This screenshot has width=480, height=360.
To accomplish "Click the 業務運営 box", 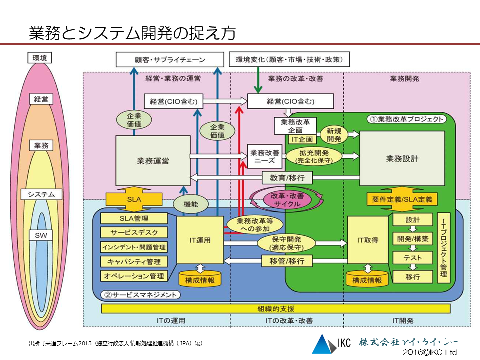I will coord(153,161).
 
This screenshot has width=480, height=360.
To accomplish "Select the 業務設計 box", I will coord(402,159).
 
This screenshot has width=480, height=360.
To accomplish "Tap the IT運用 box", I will coord(200,240).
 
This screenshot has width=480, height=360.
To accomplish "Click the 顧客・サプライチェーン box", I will coord(170,60).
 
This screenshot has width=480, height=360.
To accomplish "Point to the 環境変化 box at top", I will coord(289,60).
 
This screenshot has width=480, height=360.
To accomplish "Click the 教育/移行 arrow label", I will coord(284,177).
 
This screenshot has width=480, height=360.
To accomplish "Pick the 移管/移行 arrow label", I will coord(284,261).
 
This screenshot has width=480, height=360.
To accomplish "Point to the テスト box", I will coord(412,258).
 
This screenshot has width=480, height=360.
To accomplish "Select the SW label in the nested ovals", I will coord(40,235).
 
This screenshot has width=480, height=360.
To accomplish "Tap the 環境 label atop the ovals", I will coord(40,58).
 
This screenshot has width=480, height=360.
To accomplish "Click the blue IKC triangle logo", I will coord(322,344).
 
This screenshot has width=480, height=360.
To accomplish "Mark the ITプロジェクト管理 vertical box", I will coord(444,247).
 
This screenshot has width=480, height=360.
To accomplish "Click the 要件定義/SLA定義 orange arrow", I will coord(402,199).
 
